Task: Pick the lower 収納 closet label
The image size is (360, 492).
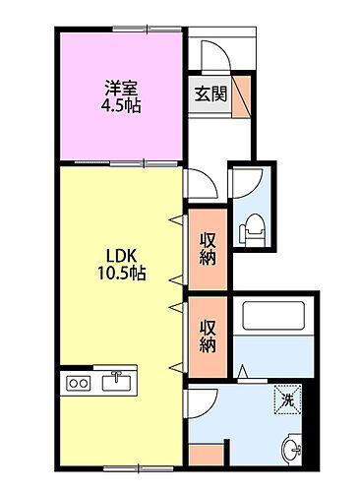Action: tap(208, 336)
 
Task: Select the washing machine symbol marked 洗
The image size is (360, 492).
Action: tap(286, 399)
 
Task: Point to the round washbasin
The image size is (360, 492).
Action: tap(292, 451)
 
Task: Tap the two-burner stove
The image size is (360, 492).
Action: tap(78, 383)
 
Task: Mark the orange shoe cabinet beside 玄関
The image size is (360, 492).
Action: tap(241, 96)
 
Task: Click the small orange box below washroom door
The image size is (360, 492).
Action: tap(204, 455)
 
